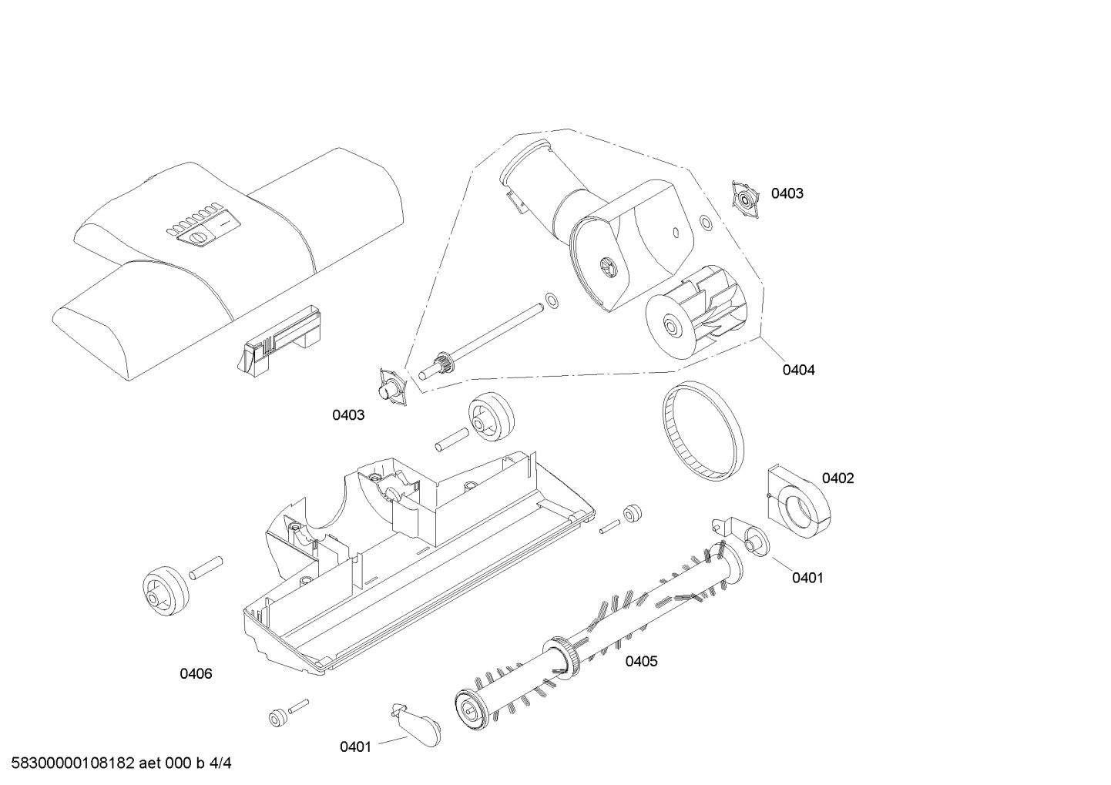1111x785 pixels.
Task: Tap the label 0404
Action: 798,370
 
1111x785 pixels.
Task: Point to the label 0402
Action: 837,478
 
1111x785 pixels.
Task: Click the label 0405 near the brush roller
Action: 641,661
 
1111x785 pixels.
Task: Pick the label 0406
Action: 196,674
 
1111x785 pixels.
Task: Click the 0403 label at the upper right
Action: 787,193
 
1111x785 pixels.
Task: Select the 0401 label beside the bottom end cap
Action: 355,746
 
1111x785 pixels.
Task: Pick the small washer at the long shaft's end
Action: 551,299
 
